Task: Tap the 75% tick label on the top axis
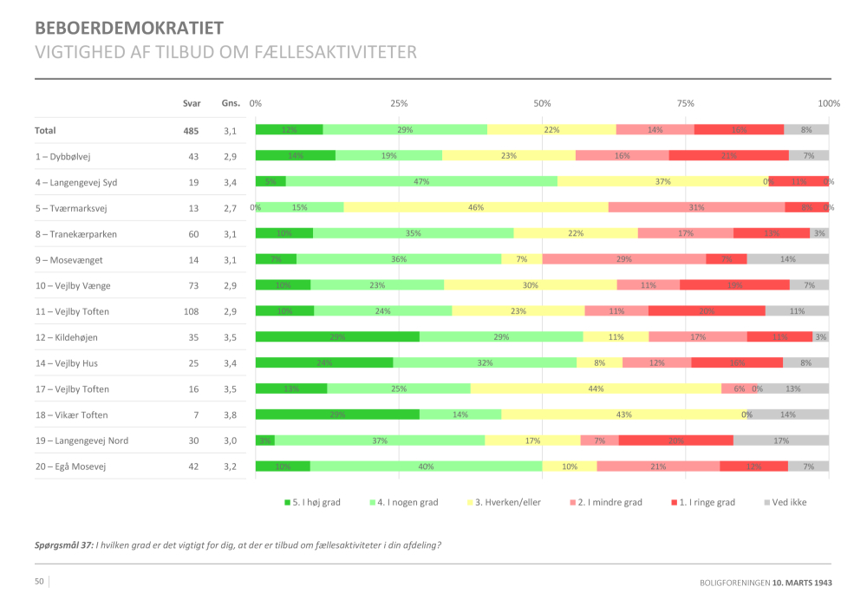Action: coord(686,103)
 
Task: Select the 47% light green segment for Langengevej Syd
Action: coord(422,182)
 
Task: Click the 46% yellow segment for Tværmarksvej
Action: coord(476,208)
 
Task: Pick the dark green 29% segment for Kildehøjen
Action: coord(337,337)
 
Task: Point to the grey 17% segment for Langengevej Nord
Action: coord(781,440)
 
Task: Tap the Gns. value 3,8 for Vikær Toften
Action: coord(230,415)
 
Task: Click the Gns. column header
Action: coord(230,104)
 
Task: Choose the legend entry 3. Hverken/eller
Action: coord(506,502)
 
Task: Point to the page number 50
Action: coord(39,581)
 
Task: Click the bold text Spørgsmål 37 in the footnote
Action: coord(63,545)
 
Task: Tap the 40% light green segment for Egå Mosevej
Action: coord(426,466)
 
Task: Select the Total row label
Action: coord(45,131)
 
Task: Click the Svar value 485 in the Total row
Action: coord(191,131)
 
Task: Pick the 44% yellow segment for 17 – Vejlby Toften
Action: coord(596,389)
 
